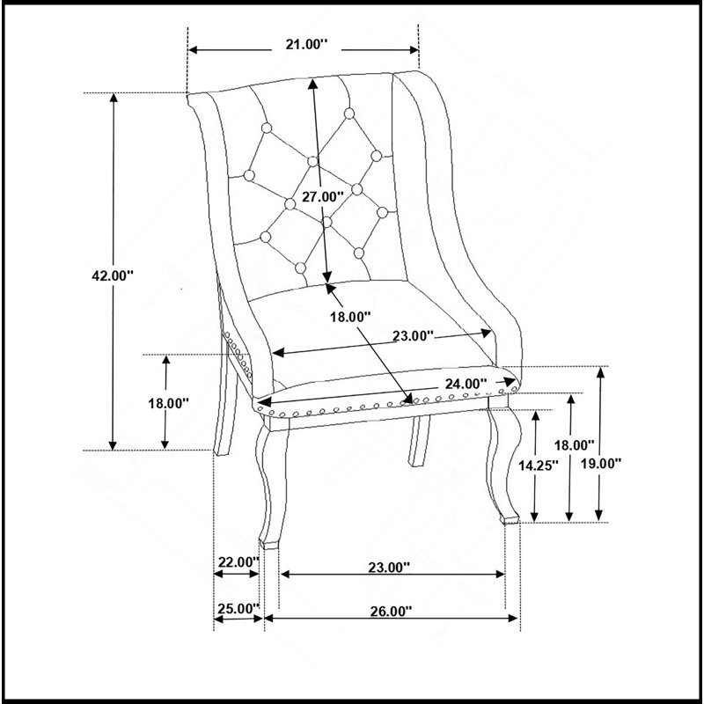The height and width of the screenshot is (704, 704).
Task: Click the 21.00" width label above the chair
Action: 306,45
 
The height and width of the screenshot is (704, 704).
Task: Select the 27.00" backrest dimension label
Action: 322,196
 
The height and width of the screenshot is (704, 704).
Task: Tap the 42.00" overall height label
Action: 113,275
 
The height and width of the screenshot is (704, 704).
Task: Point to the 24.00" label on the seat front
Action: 466,384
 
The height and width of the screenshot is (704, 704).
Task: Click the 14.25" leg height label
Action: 539,466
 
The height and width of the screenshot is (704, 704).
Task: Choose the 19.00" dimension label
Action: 601,464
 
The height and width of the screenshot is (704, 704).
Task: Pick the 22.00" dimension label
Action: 238,561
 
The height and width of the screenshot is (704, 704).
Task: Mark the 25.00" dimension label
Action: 238,609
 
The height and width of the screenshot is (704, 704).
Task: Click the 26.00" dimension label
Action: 391,611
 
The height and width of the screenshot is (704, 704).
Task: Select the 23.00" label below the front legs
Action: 389,568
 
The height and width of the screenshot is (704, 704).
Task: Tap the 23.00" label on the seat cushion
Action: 413,336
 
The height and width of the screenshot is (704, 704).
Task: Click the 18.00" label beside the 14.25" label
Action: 574,445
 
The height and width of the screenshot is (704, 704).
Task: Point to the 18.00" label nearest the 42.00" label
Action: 168,403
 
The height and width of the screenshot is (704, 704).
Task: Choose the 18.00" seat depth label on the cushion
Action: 350,317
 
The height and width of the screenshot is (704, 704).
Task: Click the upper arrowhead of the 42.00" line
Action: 114,98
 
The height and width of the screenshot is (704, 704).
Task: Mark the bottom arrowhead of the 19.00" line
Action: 599,516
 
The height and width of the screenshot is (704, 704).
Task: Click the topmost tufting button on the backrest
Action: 349,114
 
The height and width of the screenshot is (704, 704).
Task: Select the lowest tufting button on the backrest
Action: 300,268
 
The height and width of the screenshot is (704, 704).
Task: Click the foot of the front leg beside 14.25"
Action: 510,520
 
